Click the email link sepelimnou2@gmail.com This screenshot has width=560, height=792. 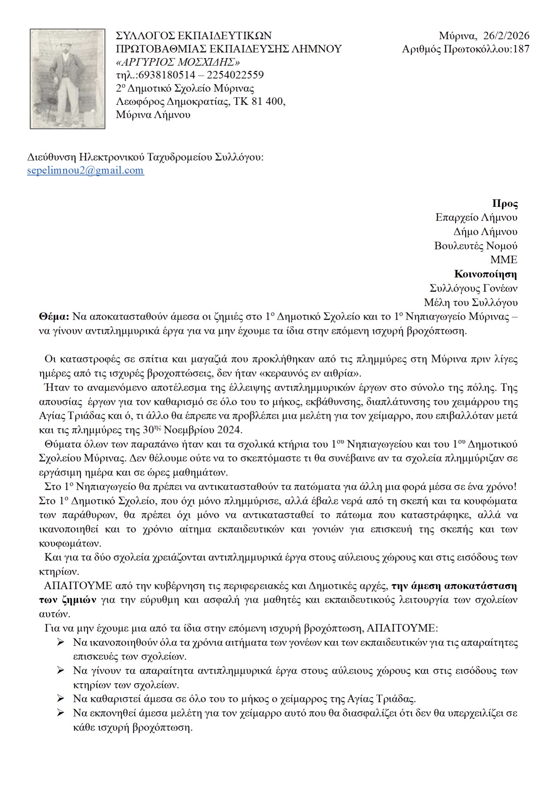tap(86, 170)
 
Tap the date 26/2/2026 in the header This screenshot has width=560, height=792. tap(506, 36)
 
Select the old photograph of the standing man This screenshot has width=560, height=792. tap(67, 78)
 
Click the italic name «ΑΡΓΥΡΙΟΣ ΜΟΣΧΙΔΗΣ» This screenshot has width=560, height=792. tap(178, 62)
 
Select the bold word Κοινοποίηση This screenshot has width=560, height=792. tap(485, 274)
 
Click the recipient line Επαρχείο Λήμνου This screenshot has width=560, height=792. tap(476, 217)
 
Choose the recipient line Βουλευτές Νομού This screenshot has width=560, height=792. tap(475, 246)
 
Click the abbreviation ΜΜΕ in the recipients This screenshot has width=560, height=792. tap(503, 259)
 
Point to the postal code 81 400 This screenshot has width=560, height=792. tap(267, 102)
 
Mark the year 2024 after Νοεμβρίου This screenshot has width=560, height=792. tap(228, 430)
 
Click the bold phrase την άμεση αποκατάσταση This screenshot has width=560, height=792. tap(454, 586)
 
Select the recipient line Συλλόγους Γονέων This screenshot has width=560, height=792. tap(473, 288)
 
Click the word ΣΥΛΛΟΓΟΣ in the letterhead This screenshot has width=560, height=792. tap(145, 36)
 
